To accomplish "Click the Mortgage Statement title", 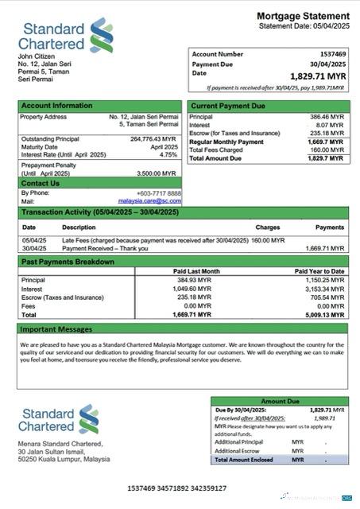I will coord(303,16).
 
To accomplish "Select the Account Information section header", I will coord(56,105).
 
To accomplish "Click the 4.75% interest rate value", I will coord(168,154).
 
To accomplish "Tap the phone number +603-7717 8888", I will coord(157,193).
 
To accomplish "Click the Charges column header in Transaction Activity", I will coord(267,227).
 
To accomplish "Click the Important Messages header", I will coord(56,328).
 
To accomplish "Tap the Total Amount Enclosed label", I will coord(244,460).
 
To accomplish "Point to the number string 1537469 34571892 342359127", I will coord(176,488).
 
